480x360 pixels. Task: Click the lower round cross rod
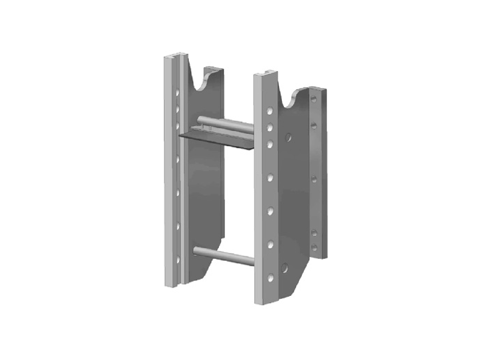tap(224, 256)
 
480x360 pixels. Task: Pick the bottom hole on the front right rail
tap(271, 277)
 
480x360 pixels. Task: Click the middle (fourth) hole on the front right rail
tap(270, 176)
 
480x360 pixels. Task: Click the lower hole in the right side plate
tap(284, 268)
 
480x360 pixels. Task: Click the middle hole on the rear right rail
tap(314, 179)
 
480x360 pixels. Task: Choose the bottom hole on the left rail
tap(178, 260)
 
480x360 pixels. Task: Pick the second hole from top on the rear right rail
tap(314, 126)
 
